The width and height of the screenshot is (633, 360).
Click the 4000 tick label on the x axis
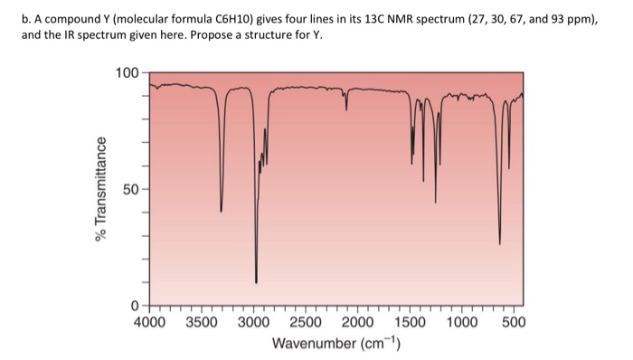[150, 321]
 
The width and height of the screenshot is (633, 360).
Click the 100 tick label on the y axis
[127, 72]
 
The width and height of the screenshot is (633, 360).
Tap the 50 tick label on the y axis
[130, 191]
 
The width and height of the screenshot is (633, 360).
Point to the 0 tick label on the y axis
[135, 305]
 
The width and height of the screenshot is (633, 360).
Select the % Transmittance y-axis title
[101, 191]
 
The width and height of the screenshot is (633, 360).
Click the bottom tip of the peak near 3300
[222, 211]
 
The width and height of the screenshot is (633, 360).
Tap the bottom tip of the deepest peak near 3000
[256, 282]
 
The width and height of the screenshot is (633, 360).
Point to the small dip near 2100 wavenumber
[346, 109]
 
